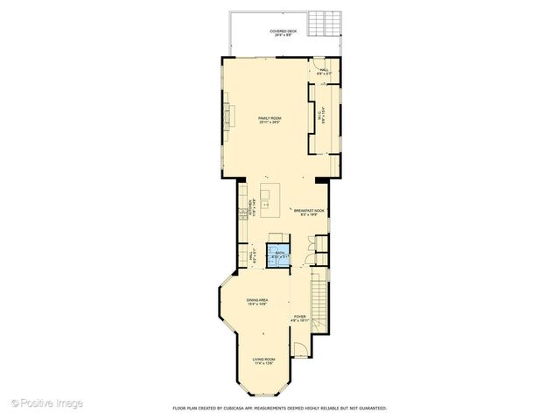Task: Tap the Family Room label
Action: point(269,120)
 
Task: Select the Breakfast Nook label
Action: point(310,212)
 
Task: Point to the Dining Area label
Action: point(257,302)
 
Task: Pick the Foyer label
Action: point(299,318)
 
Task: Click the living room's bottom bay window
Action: point(263,390)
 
